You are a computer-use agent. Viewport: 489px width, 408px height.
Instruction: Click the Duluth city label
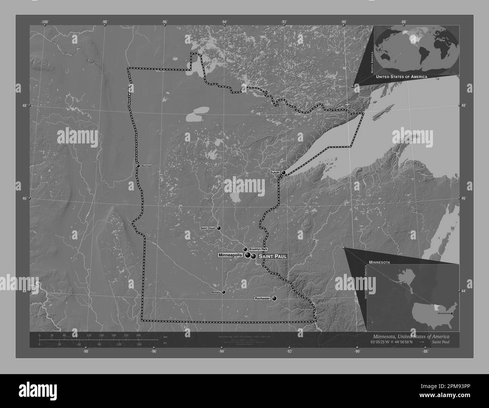pyautogui.click(x=275, y=172)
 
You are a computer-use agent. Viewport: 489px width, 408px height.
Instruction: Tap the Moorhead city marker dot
pyautogui.click(x=138, y=166)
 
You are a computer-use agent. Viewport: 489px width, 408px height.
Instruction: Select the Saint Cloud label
pyautogui.click(x=207, y=228)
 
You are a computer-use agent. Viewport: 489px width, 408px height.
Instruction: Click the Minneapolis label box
pyautogui.click(x=230, y=255)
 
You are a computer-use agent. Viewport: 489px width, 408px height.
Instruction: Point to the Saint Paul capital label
pyautogui.click(x=273, y=256)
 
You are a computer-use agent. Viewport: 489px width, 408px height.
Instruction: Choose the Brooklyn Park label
pyautogui.click(x=258, y=250)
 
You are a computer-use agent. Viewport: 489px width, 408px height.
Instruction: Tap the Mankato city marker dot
pyautogui.click(x=224, y=292)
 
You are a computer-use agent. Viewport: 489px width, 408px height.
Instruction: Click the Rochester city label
pyautogui.click(x=262, y=298)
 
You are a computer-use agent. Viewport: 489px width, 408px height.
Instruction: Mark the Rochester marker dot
pyautogui.click(x=274, y=298)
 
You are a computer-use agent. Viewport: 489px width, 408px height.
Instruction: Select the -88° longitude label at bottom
pyautogui.click(x=425, y=352)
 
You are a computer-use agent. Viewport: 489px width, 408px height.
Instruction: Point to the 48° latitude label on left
pyautogui.click(x=24, y=105)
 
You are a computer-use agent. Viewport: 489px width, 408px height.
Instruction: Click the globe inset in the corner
pyautogui.click(x=416, y=49)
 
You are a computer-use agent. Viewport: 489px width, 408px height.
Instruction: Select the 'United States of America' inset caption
pyautogui.click(x=401, y=76)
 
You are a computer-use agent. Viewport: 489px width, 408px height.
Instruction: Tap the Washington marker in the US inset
pyautogui.click(x=451, y=313)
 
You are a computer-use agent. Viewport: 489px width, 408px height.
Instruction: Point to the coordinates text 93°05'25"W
pyautogui.click(x=383, y=342)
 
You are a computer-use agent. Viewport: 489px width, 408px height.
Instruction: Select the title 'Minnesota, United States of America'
pyautogui.click(x=411, y=336)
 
